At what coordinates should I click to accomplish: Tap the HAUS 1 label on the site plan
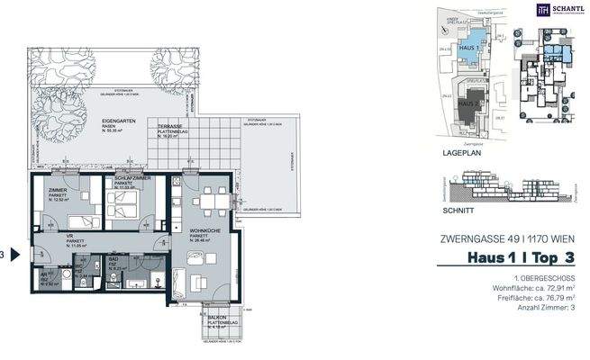tap(468, 46)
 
